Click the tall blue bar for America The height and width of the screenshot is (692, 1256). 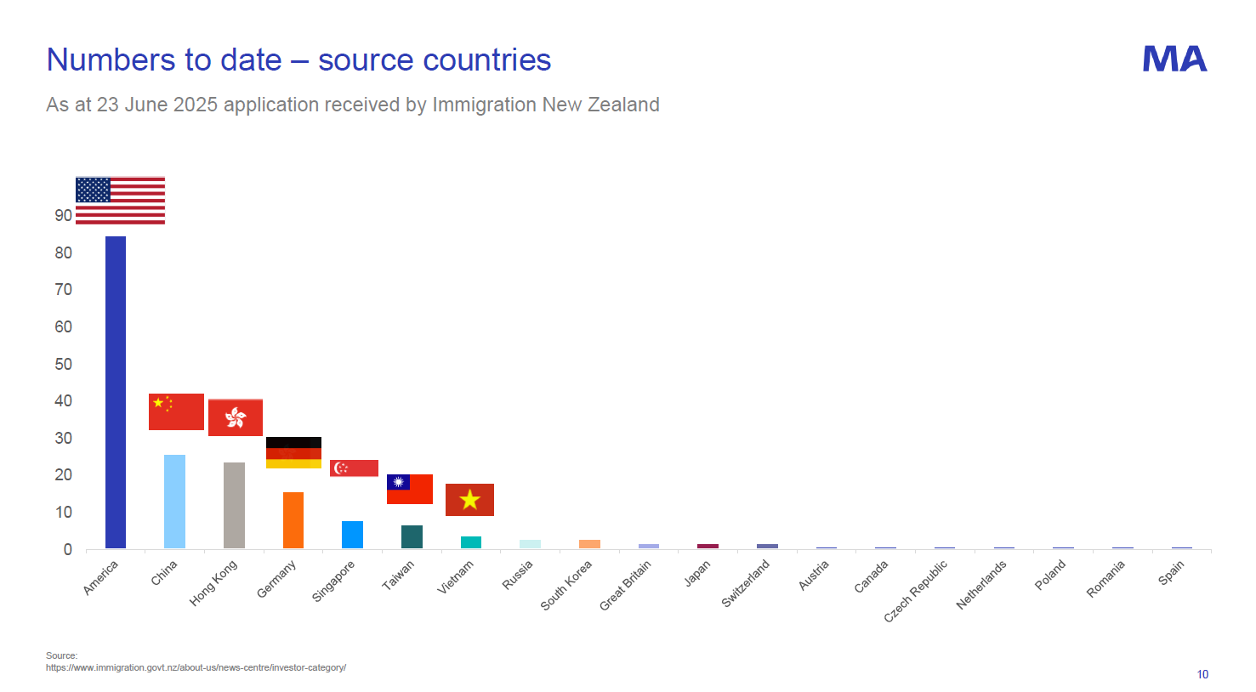tap(116, 392)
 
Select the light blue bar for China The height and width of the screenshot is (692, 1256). tap(174, 502)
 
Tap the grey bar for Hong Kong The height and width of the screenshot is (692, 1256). tap(234, 505)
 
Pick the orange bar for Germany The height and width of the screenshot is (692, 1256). tap(293, 519)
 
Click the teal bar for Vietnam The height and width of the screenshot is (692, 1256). tap(471, 542)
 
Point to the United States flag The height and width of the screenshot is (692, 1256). tap(120, 201)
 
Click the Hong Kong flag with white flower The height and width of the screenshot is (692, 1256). tap(236, 417)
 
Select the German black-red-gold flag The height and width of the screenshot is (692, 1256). tap(293, 452)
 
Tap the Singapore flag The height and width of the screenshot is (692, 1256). tap(354, 468)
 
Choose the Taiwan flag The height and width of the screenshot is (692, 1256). tap(410, 489)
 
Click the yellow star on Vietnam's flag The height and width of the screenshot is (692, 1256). tap(469, 500)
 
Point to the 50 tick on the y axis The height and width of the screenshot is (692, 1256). tap(64, 364)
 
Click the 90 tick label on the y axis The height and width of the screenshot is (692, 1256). tap(64, 215)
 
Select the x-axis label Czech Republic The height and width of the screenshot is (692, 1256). tap(915, 591)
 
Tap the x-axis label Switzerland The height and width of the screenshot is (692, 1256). tap(745, 583)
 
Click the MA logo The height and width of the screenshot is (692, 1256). tap(1174, 59)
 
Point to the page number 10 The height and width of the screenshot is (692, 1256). tap(1202, 674)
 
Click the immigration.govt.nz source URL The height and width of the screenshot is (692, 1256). tap(196, 667)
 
